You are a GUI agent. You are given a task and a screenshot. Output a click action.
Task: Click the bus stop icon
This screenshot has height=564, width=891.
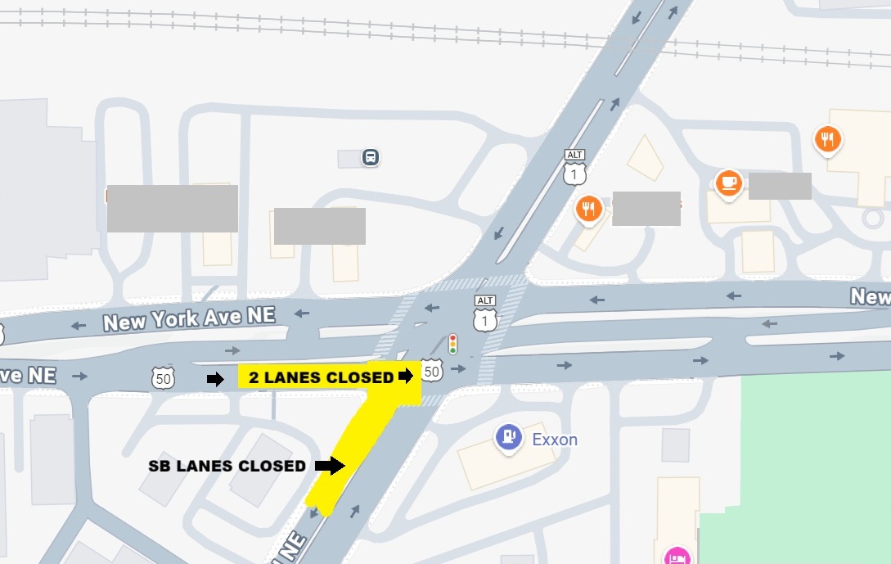tap(371, 157)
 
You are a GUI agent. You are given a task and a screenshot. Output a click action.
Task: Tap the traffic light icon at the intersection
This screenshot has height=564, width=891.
tap(452, 344)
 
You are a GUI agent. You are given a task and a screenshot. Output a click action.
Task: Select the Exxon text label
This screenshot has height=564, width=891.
tap(555, 440)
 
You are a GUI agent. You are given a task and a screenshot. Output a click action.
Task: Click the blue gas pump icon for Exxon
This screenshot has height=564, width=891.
tap(509, 436)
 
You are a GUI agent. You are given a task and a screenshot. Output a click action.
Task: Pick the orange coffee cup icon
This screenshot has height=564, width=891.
tap(729, 183)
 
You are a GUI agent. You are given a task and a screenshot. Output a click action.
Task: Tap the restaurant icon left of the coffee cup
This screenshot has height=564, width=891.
tap(589, 210)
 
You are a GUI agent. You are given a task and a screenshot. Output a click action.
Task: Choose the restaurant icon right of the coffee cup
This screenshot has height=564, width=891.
tap(828, 140)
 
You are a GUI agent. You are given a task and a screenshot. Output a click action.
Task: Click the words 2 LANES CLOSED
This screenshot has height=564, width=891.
tap(321, 377)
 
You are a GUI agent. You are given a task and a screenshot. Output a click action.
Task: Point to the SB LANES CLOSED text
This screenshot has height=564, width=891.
tap(227, 466)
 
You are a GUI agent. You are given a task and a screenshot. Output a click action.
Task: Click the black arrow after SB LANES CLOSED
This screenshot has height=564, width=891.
tap(329, 466)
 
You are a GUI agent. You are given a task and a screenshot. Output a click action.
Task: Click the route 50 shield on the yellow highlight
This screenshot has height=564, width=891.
tap(433, 373)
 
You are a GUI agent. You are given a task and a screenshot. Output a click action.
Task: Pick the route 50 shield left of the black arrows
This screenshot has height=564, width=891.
tap(164, 378)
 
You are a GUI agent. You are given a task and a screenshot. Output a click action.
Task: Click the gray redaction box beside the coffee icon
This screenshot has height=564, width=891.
tap(780, 186)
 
